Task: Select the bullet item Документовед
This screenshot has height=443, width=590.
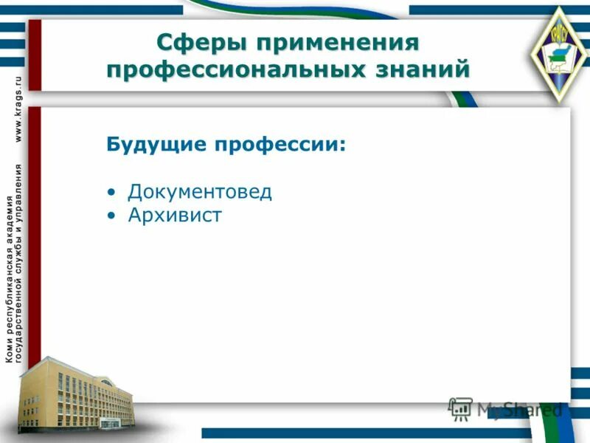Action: [x=200, y=192]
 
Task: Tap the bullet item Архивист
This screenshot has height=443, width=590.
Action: [x=175, y=216]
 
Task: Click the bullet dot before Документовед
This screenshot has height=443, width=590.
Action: [x=111, y=193]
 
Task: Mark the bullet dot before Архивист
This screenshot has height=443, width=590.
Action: [x=111, y=216]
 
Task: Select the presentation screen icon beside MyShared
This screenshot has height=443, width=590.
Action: [x=461, y=409]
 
